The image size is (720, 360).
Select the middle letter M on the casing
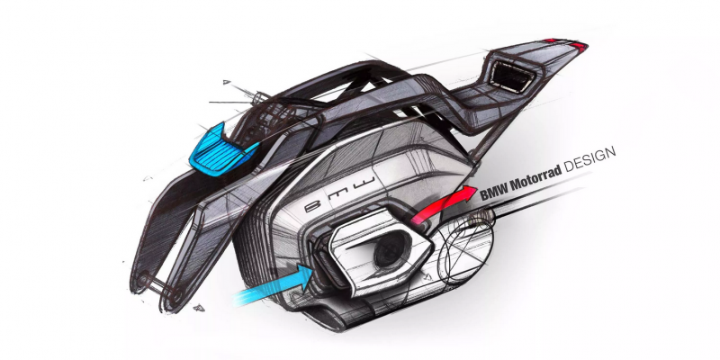(x=341, y=193)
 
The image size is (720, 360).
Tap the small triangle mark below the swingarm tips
(x=199, y=307)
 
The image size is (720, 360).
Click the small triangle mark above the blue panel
(x=227, y=82)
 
